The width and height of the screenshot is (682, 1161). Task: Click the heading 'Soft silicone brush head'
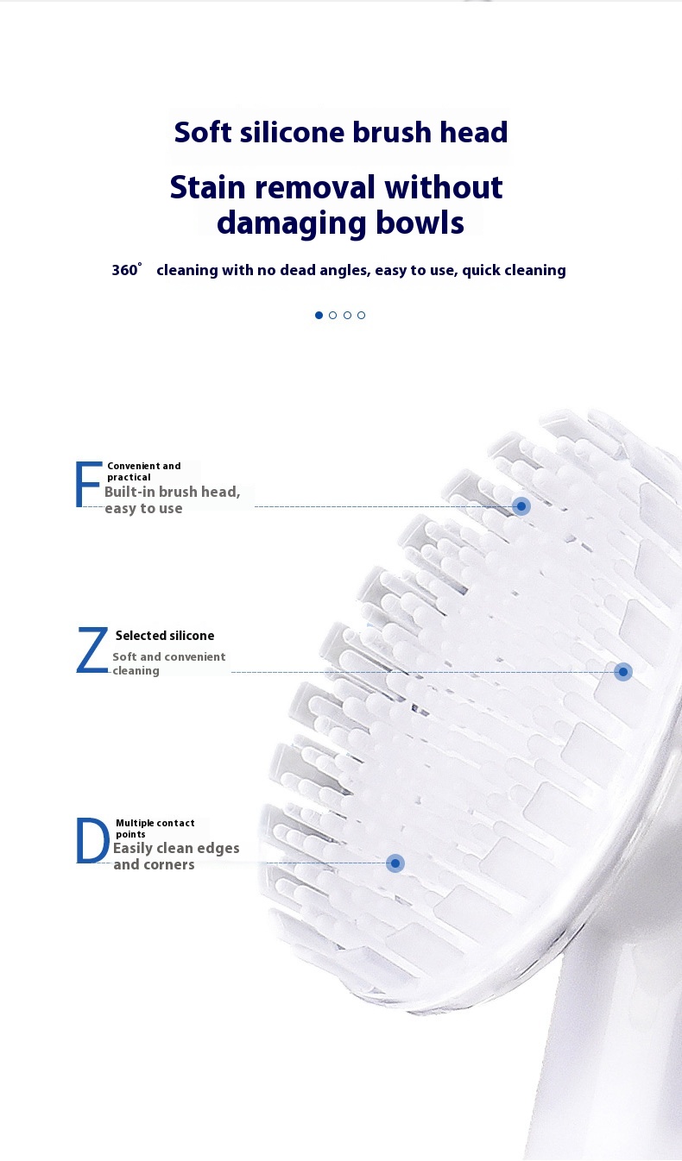tap(341, 133)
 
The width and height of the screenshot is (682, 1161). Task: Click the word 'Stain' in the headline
tap(208, 187)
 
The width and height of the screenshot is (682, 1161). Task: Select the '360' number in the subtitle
tap(125, 270)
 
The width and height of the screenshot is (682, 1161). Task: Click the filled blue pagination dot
tap(319, 315)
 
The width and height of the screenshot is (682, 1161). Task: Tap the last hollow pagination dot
tap(361, 315)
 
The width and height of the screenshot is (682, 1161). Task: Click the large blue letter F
tap(88, 485)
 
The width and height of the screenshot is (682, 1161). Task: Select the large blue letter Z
tap(92, 651)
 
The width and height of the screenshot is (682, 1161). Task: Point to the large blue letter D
tap(92, 841)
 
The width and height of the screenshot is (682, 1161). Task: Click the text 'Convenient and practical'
tap(143, 471)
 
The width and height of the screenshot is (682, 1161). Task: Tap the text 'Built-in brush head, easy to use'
tap(171, 499)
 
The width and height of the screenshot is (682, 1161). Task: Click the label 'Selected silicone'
tap(164, 636)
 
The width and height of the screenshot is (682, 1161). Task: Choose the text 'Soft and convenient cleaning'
tap(168, 663)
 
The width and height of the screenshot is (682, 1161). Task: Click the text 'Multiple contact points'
tap(155, 828)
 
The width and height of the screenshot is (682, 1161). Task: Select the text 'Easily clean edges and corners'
tap(175, 856)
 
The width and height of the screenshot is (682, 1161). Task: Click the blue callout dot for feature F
tap(521, 506)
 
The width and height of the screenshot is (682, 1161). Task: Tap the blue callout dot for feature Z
tap(623, 671)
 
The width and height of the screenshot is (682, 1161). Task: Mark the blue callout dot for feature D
tap(395, 863)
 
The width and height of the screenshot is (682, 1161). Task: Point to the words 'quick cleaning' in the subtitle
tap(514, 270)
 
